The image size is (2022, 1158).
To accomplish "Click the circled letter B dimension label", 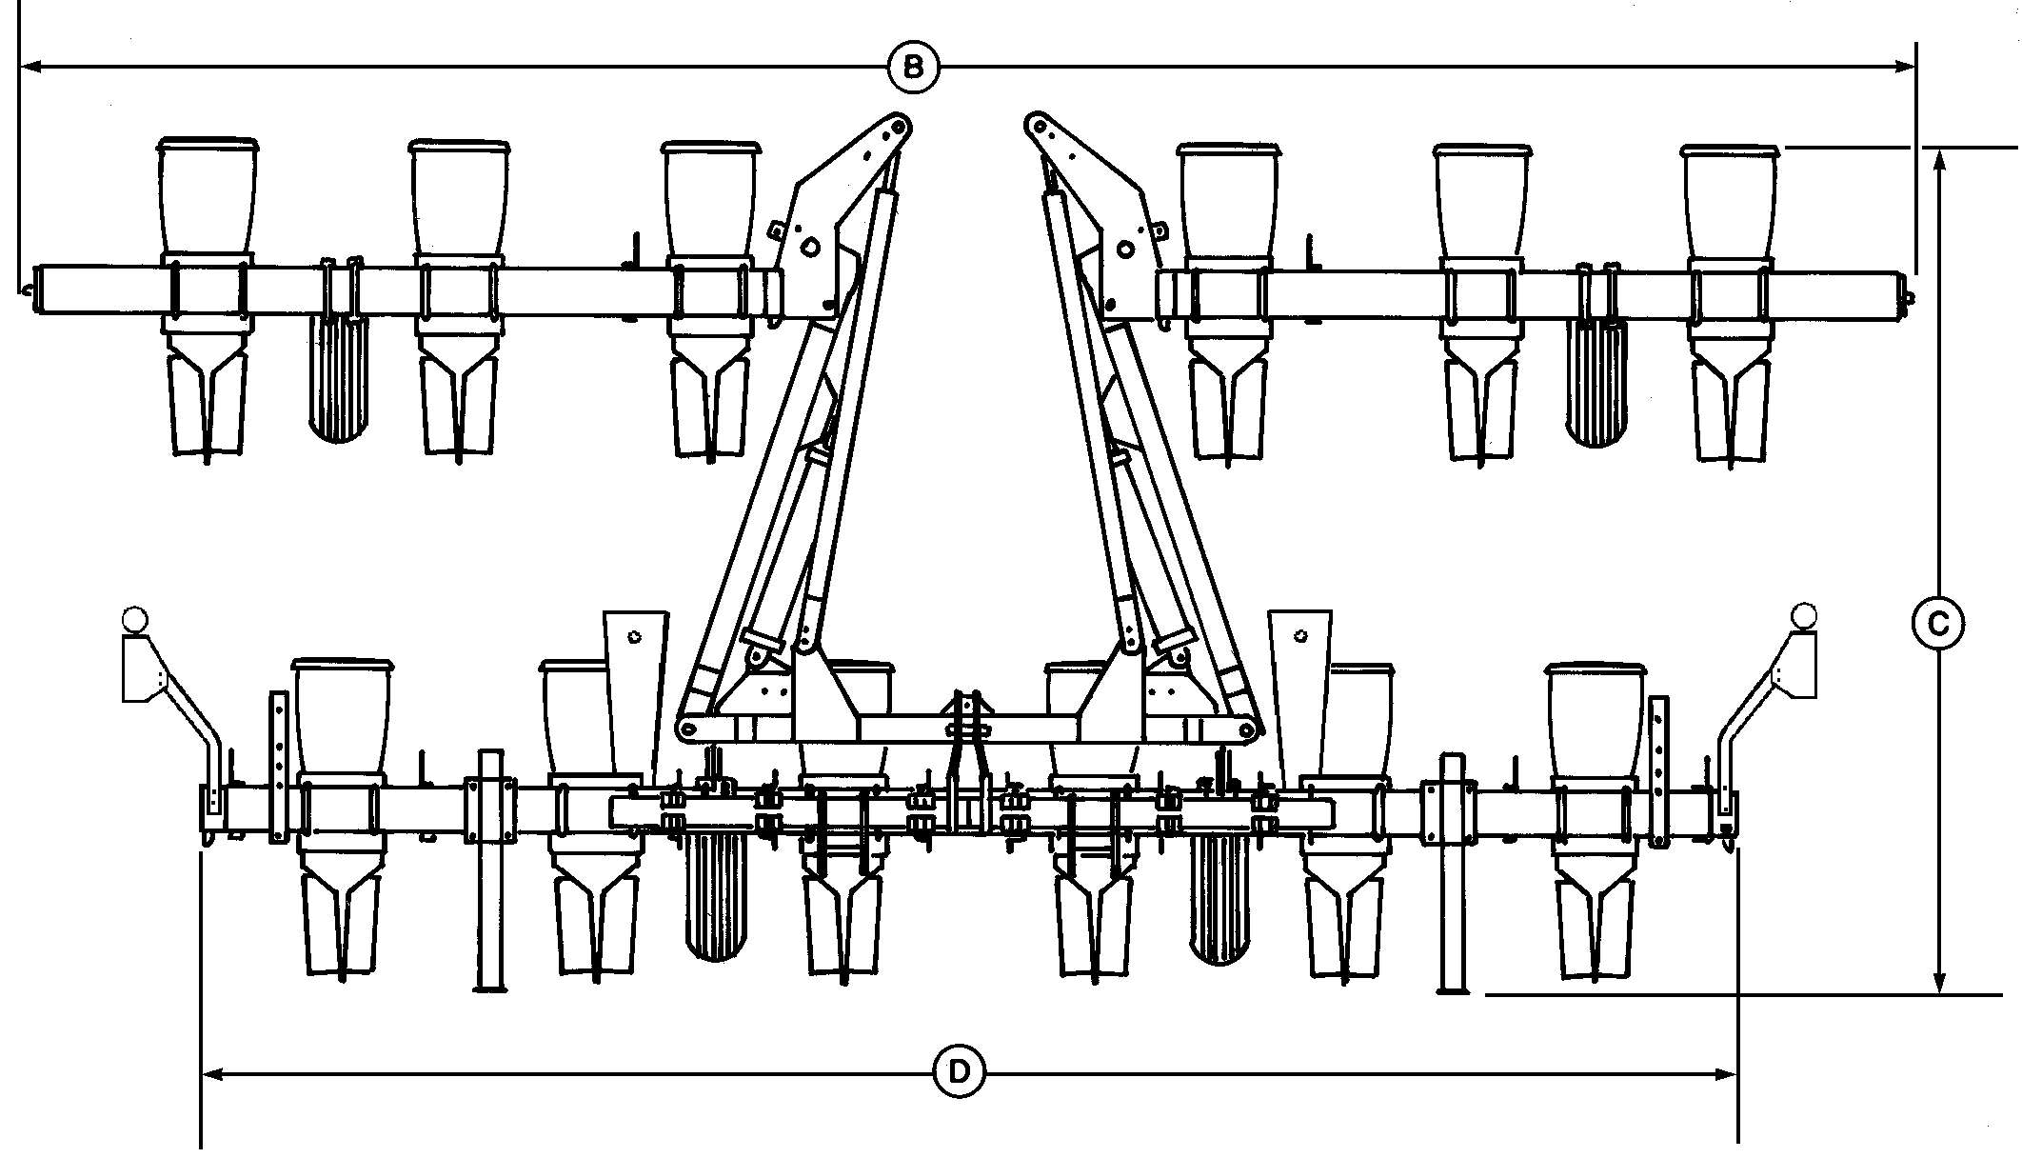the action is click(912, 67).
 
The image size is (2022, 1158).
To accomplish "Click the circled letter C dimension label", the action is click(1938, 625).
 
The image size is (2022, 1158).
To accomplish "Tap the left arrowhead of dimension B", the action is click(30, 67).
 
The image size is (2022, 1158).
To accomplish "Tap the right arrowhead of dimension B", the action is click(1905, 67).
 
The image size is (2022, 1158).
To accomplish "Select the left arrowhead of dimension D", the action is click(213, 1074).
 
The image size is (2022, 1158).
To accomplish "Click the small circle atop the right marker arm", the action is click(1803, 615).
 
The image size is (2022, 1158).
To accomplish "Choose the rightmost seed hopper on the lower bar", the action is click(1596, 724).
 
